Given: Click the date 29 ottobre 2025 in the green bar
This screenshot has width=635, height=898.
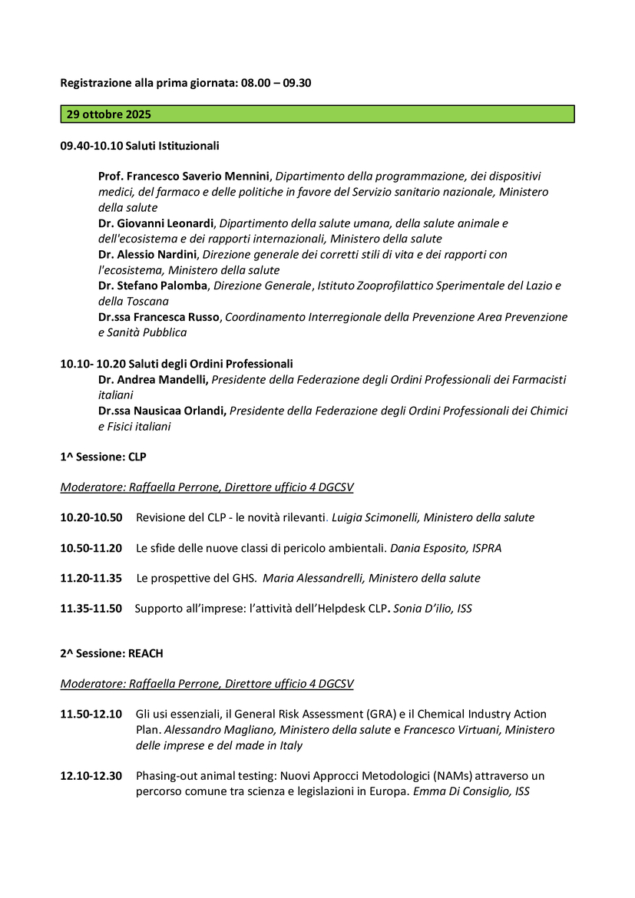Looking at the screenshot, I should pyautogui.click(x=109, y=114).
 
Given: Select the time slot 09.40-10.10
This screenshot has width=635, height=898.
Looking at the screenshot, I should pyautogui.click(x=91, y=145).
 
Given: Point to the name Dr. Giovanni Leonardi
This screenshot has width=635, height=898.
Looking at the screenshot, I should pyautogui.click(x=157, y=223).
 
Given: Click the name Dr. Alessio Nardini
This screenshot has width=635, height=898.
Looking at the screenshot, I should pyautogui.click(x=148, y=254).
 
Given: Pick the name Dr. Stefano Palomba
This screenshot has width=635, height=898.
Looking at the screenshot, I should pyautogui.click(x=153, y=286).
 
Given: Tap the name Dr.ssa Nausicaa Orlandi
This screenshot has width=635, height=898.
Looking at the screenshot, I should pyautogui.click(x=162, y=411).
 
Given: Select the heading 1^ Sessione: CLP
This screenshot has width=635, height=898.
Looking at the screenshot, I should pyautogui.click(x=103, y=457).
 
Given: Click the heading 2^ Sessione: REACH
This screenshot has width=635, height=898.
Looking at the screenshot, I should pyautogui.click(x=111, y=653).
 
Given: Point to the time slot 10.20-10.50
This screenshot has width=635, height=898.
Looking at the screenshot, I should pyautogui.click(x=91, y=517).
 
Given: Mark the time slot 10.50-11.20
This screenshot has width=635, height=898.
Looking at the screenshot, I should pyautogui.click(x=91, y=548).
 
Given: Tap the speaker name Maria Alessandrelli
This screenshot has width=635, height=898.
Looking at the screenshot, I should pyautogui.click(x=319, y=578).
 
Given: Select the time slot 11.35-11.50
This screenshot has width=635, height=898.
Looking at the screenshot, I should pyautogui.click(x=91, y=609).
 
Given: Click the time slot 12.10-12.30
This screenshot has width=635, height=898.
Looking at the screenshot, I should pyautogui.click(x=91, y=776).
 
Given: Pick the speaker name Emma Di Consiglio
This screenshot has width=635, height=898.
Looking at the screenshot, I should pyautogui.click(x=462, y=791).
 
